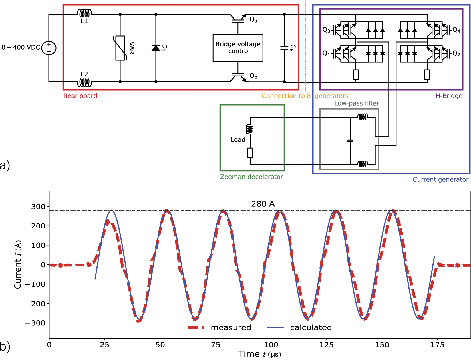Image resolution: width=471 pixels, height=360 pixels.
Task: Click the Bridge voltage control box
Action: click(238, 48)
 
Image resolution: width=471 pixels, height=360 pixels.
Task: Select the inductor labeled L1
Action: click(84, 13)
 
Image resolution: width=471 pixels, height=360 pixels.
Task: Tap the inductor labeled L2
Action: click(84, 83)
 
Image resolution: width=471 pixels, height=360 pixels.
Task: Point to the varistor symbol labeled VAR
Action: click(120, 48)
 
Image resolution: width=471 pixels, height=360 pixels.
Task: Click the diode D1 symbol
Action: click(156, 48)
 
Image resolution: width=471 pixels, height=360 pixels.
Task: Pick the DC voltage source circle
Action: click(49, 48)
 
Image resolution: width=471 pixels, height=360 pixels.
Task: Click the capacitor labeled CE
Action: click(284, 48)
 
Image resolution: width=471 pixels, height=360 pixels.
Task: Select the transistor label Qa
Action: click(253, 20)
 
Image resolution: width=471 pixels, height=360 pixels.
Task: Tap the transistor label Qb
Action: click(253, 76)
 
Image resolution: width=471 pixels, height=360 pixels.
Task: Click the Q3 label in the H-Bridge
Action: click(326, 30)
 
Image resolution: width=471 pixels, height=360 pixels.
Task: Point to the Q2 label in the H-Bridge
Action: click(456, 54)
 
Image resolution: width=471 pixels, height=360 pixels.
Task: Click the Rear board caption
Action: click(80, 96)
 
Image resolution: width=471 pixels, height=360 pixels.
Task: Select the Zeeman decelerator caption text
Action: click(251, 177)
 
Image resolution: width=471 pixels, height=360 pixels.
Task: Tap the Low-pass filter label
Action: click(357, 103)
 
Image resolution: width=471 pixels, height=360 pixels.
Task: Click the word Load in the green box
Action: click(238, 140)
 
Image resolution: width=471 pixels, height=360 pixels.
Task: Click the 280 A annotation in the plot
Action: click(263, 204)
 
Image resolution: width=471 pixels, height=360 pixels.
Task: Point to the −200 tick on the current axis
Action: click(35, 304)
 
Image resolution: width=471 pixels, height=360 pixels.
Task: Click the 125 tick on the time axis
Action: click(326, 345)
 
